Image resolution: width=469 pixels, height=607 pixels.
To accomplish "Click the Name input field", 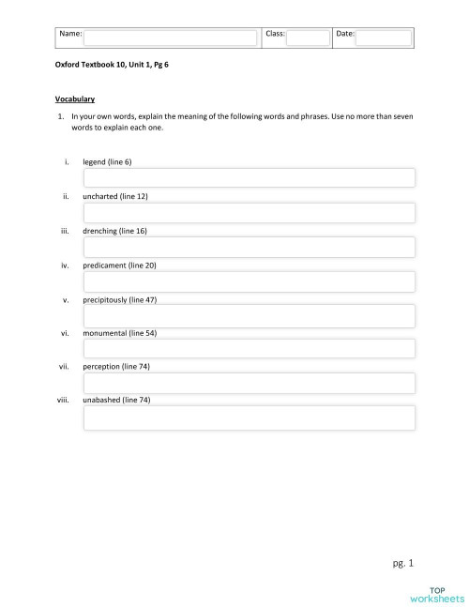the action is (x=170, y=38).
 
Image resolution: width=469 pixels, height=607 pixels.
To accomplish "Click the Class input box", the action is (x=308, y=38).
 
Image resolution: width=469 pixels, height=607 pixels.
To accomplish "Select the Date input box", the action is (x=383, y=38).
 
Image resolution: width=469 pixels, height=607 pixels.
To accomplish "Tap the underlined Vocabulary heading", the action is (x=74, y=99).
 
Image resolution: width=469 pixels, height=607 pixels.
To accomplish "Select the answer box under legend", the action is (x=249, y=178).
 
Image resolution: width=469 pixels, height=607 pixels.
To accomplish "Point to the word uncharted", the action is (x=101, y=196).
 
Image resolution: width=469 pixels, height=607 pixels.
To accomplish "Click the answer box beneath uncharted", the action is (x=249, y=212).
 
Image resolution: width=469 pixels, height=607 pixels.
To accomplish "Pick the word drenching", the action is (x=101, y=231).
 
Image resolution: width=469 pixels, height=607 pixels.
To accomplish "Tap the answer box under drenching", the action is (x=249, y=247).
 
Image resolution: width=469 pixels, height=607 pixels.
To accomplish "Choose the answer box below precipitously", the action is (x=249, y=315).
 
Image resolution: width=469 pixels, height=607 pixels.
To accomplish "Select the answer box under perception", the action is (x=249, y=383).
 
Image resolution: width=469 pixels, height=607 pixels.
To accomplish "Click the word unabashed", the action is (x=102, y=400).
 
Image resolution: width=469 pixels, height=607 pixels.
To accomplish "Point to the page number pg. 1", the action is (x=403, y=563).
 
